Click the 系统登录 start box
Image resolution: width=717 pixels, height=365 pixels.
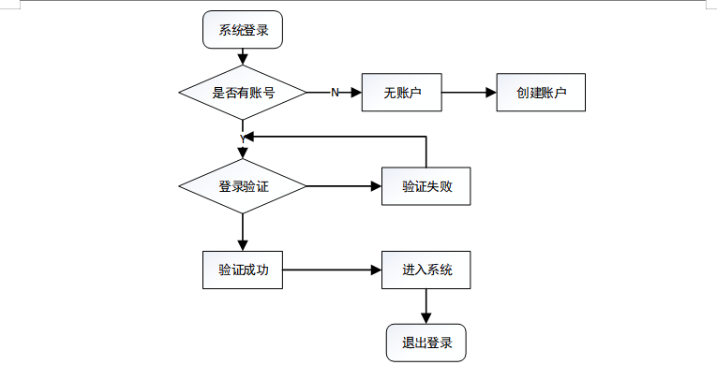click(x=243, y=30)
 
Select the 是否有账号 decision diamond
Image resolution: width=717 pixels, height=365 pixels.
click(x=243, y=93)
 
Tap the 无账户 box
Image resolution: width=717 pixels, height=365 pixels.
click(x=402, y=93)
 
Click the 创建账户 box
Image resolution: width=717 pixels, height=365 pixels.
click(x=541, y=93)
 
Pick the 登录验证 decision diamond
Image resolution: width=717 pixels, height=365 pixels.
click(x=243, y=186)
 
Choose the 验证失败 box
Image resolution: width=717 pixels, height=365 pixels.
click(x=426, y=186)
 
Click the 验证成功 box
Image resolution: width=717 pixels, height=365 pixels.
click(x=243, y=270)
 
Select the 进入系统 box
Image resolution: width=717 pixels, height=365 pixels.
click(x=426, y=270)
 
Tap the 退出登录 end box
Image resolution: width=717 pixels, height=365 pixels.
click(x=426, y=343)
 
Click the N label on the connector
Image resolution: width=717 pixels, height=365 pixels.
click(x=335, y=93)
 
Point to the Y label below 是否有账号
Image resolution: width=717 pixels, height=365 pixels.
click(x=243, y=139)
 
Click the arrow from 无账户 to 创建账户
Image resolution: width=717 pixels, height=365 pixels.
click(x=470, y=93)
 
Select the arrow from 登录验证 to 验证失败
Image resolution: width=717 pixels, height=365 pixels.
click(x=344, y=186)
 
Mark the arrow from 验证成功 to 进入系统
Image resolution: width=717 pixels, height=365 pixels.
click(x=332, y=270)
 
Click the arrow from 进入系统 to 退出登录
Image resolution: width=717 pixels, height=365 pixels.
click(x=426, y=307)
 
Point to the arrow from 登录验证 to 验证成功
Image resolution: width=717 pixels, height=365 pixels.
click(x=243, y=232)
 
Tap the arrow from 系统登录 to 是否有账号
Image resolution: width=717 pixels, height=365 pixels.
click(x=243, y=57)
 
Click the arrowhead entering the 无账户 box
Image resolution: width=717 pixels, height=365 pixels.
click(x=356, y=93)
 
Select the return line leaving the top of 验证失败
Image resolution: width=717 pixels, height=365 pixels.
click(x=426, y=152)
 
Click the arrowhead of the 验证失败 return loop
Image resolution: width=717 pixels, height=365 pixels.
click(x=249, y=136)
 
